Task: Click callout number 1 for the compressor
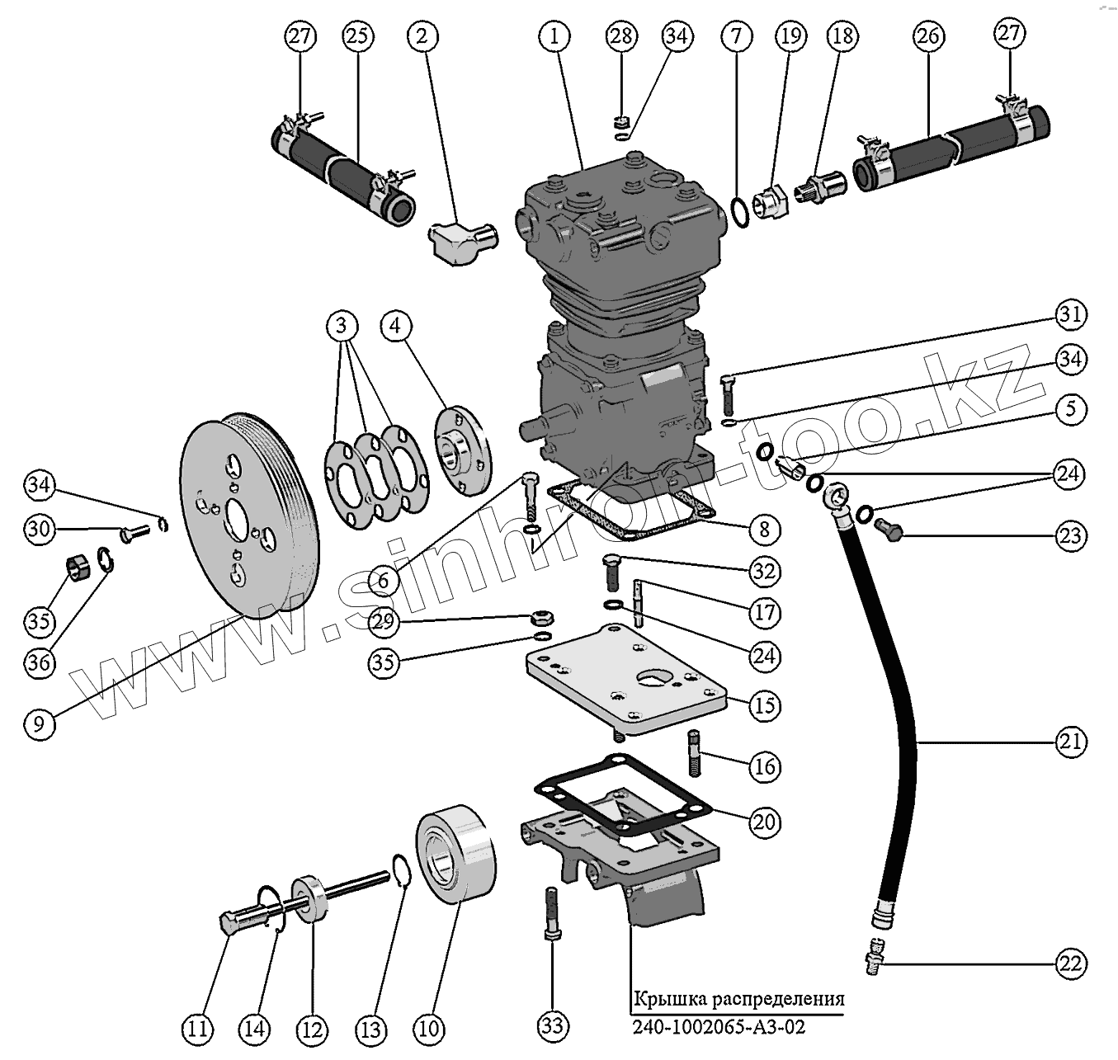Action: point(555,36)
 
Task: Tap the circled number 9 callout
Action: point(40,723)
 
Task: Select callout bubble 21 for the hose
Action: point(1070,742)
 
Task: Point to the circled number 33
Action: point(553,1025)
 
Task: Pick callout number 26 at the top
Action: point(927,36)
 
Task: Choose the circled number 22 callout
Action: point(1071,963)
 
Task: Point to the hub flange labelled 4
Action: point(462,450)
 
